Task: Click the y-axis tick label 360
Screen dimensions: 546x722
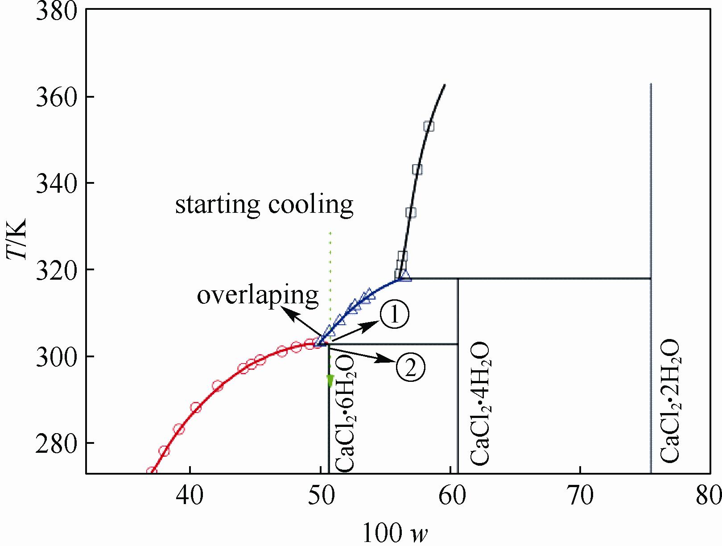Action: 53,97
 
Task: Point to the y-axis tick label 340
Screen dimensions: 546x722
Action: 53,183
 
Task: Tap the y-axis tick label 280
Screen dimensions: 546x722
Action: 53,443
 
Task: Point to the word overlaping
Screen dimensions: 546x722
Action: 258,295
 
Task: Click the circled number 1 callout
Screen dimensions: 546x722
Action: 394,315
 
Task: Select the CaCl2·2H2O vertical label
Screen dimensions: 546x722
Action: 670,401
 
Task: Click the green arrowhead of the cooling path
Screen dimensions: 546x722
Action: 330,381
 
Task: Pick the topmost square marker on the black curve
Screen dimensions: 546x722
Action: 429,126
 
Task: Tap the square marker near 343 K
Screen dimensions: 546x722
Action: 417,170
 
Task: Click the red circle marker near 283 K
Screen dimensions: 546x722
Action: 179,430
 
